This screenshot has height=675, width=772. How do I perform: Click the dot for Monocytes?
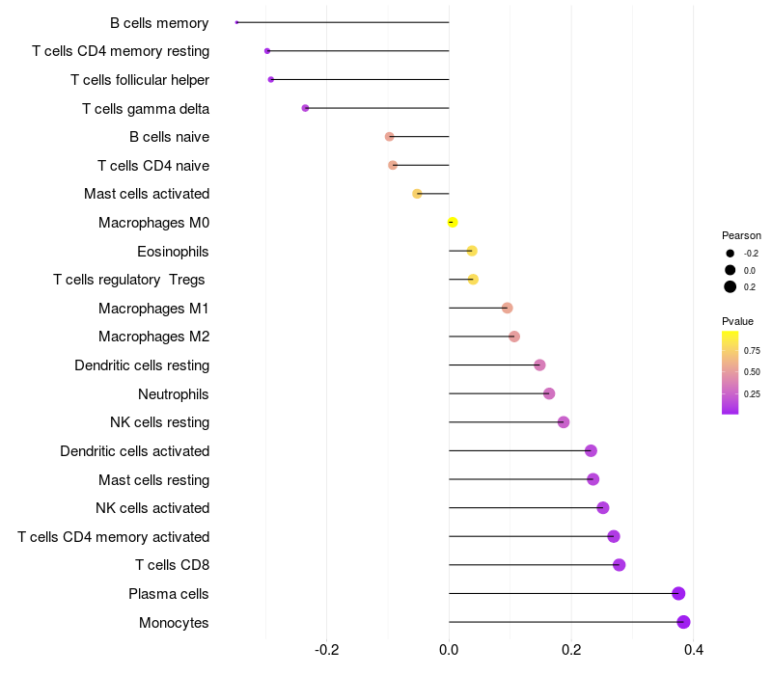pos(683,622)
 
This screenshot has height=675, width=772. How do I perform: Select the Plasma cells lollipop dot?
pos(678,593)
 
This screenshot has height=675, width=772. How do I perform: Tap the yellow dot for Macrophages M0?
pos(453,223)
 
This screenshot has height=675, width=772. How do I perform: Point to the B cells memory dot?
pos(236,22)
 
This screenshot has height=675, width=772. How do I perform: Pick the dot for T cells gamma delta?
pos(305,108)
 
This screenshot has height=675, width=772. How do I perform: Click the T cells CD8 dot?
pos(619,565)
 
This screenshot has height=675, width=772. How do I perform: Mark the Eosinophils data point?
pos(472,251)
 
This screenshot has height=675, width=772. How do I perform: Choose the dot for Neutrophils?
pos(549,393)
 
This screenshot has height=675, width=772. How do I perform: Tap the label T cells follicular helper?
pos(140,79)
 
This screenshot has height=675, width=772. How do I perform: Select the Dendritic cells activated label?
pos(135,450)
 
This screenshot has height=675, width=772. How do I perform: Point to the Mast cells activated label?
pos(147,194)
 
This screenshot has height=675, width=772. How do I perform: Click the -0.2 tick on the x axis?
pos(327,649)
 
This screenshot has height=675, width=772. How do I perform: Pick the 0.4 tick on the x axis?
pos(693,649)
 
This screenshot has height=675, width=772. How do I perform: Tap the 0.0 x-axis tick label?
pos(449,649)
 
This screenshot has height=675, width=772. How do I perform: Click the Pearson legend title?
pos(741,235)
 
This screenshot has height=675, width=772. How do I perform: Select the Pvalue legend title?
pos(737,321)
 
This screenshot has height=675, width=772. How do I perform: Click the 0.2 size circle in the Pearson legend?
pos(731,286)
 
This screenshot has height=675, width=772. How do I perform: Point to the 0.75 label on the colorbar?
pos(752,350)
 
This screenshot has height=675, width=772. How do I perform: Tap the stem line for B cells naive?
pos(419,137)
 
